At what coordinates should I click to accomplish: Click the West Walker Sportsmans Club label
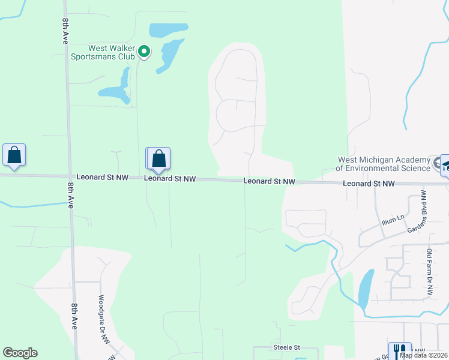pyautogui.click(x=110, y=53)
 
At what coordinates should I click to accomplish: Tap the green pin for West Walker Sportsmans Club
pyautogui.click(x=143, y=52)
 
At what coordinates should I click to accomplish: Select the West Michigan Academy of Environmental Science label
pyautogui.click(x=384, y=164)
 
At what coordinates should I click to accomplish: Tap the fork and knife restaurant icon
pyautogui.click(x=399, y=350)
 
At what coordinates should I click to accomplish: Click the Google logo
pyautogui.click(x=20, y=353)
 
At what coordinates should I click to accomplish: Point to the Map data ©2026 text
pyautogui.click(x=423, y=355)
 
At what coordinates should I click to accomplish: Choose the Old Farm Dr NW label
pyautogui.click(x=430, y=271)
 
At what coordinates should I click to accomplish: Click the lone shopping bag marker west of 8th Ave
pyautogui.click(x=14, y=155)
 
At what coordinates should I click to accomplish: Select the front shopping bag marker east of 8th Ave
pyautogui.click(x=159, y=158)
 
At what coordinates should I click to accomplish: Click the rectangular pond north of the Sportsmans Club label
pyautogui.click(x=168, y=29)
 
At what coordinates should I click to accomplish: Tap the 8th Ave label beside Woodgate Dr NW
pyautogui.click(x=74, y=316)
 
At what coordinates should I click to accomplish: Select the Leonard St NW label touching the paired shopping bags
pyautogui.click(x=170, y=179)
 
